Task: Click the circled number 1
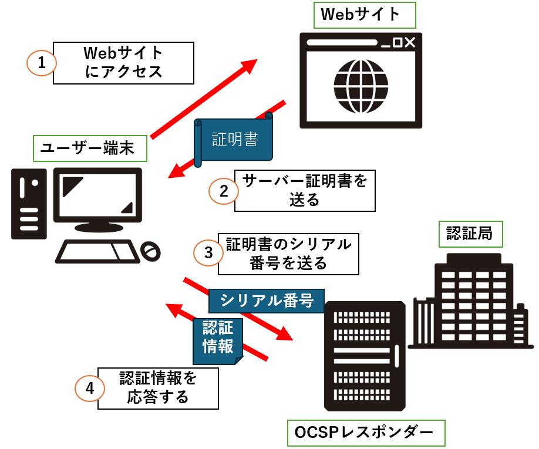tap(42, 63)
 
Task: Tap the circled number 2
tap(223, 191)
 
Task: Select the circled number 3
tap(208, 252)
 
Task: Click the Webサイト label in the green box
tap(365, 15)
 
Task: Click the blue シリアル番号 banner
tap(266, 301)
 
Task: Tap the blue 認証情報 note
tap(218, 337)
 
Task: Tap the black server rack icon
tap(364, 355)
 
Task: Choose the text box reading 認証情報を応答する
tap(158, 388)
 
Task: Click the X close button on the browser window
tap(409, 42)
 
